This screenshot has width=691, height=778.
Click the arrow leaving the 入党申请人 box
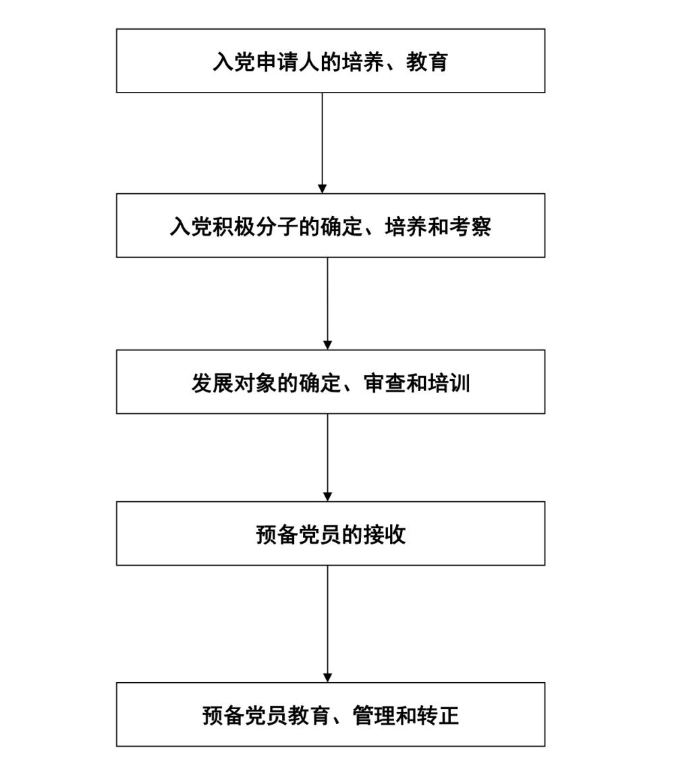click(x=322, y=142)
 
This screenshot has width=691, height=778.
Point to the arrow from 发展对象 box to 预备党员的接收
click(x=327, y=457)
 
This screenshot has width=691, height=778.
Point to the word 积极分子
click(x=256, y=226)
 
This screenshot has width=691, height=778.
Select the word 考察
click(x=470, y=226)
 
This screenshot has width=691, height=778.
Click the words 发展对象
click(x=234, y=383)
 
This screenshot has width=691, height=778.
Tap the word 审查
click(x=385, y=383)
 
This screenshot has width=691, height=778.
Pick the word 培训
click(x=449, y=383)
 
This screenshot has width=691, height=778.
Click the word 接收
click(x=385, y=534)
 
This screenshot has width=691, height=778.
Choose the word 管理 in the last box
click(x=373, y=715)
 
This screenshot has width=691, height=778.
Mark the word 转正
click(x=438, y=715)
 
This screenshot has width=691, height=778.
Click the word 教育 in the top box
click(x=427, y=61)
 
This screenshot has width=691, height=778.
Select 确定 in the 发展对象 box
click(x=320, y=383)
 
